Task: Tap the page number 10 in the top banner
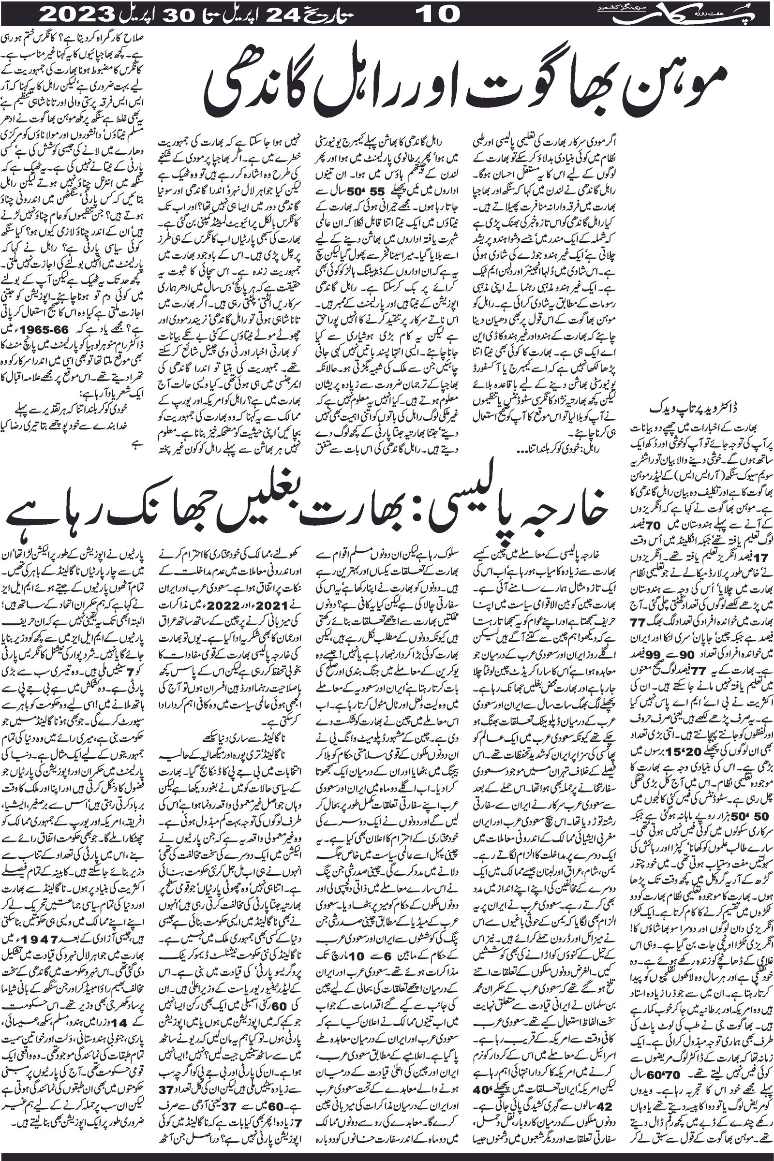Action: pos(437,14)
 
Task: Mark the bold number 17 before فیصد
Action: pos(639,558)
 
